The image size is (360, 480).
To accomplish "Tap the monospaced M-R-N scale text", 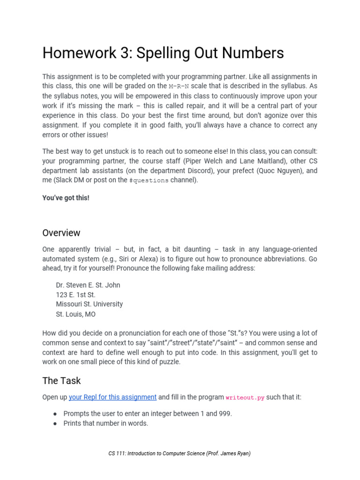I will click(x=180, y=86).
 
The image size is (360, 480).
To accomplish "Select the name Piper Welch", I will click(x=203, y=161).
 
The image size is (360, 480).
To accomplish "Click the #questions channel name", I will click(x=149, y=180).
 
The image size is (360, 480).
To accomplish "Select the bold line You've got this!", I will click(x=66, y=198).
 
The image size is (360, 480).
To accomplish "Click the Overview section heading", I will click(x=61, y=233).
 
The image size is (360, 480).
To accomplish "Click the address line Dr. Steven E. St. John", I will click(x=88, y=285).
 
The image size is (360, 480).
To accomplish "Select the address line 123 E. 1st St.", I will click(x=75, y=295).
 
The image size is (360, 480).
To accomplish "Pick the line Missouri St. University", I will click(x=89, y=304).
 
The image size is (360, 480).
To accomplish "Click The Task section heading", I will click(x=61, y=381).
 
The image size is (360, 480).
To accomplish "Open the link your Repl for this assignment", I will click(x=112, y=397).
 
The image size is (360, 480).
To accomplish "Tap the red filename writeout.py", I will click(x=245, y=397).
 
